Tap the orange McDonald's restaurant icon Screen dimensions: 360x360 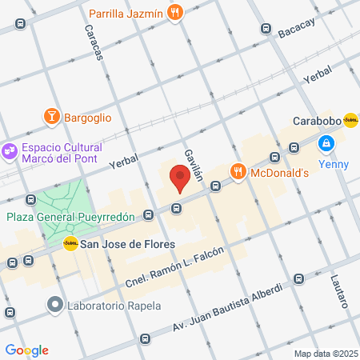click(238, 172)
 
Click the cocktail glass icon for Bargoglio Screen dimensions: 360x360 click(53, 118)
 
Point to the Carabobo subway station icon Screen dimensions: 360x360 click(350, 120)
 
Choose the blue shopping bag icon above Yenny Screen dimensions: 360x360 click(326, 143)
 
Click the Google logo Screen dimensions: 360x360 click(26, 350)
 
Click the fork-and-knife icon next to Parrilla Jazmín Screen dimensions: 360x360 click(176, 13)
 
